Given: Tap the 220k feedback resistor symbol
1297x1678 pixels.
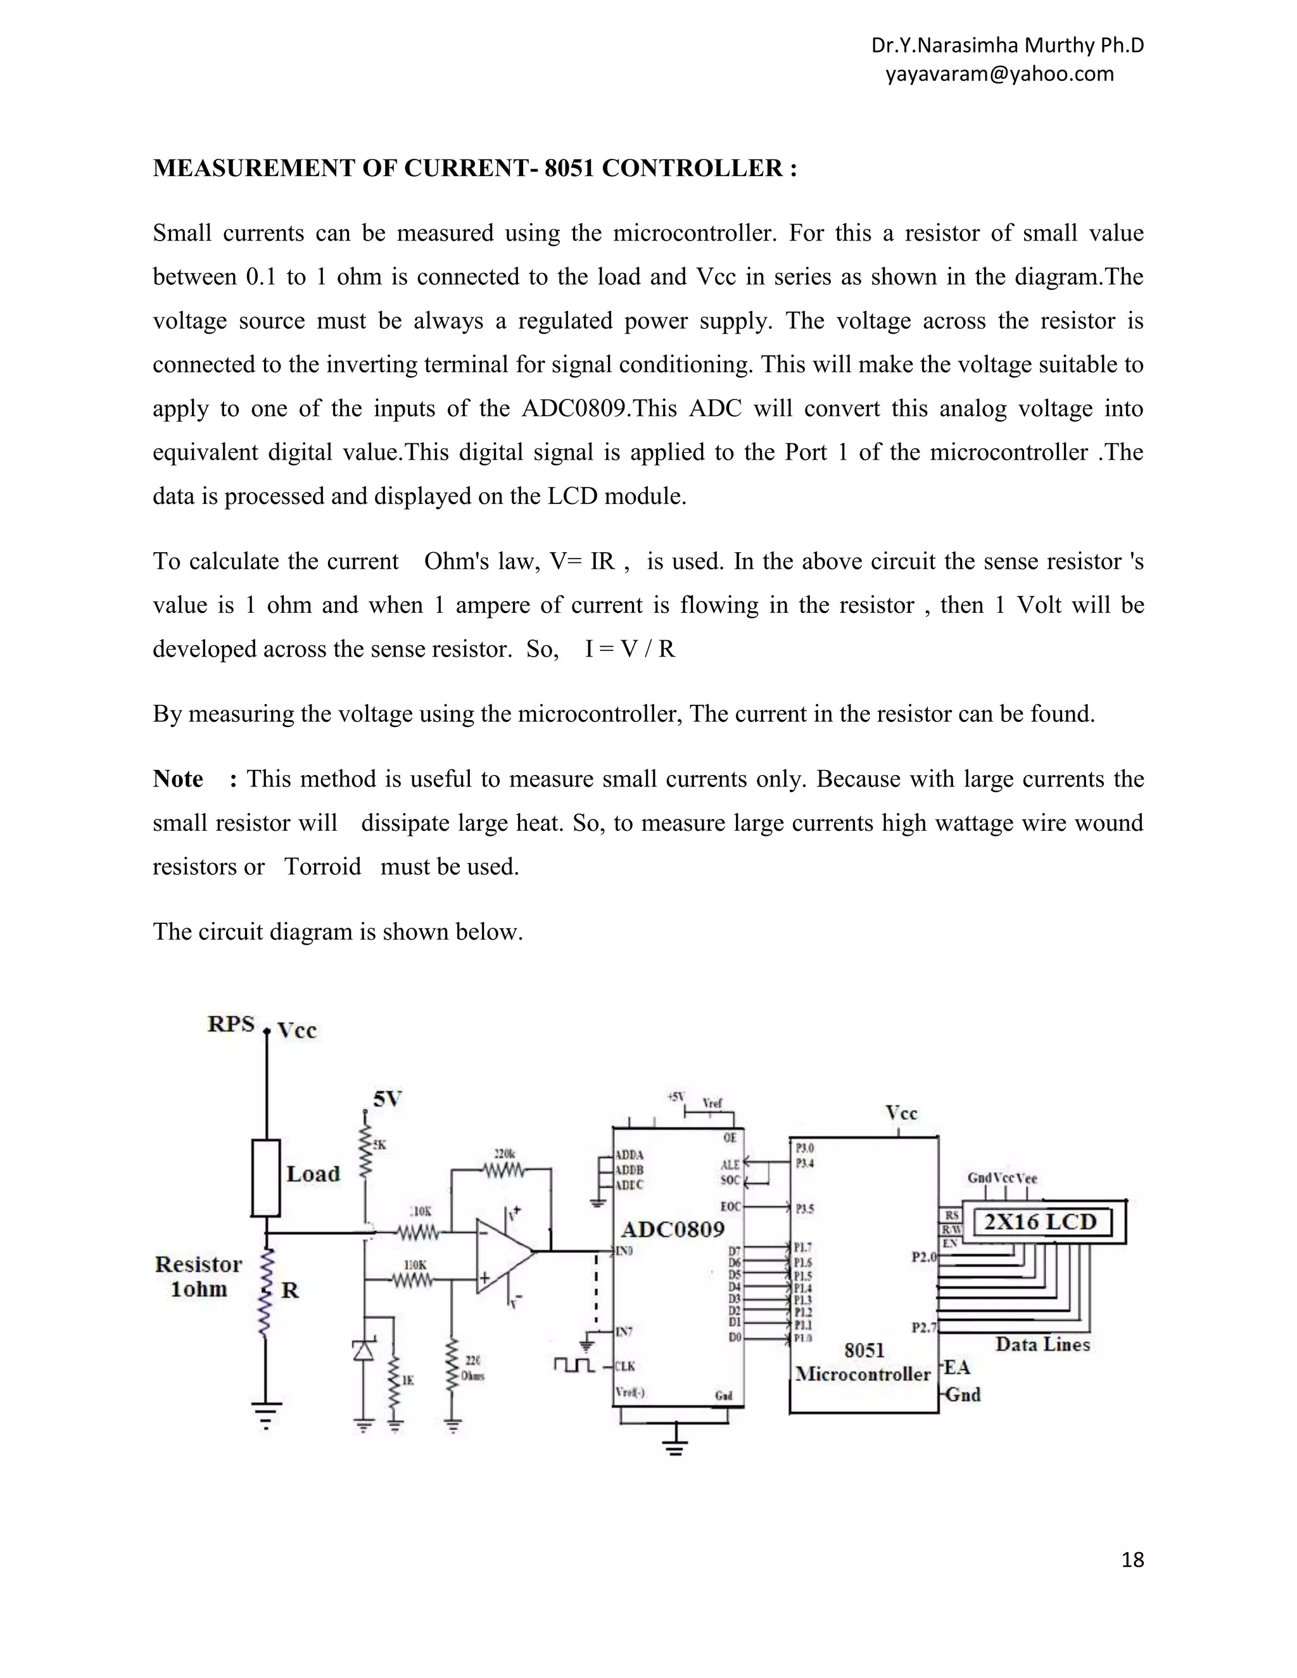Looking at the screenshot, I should (x=504, y=1171).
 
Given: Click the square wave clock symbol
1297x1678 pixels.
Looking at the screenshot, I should (x=573, y=1365).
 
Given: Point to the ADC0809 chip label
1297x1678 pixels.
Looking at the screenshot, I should (x=673, y=1229).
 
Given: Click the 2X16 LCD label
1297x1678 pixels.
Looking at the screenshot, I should (x=1041, y=1221).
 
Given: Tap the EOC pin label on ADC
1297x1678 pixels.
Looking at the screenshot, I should (x=730, y=1207).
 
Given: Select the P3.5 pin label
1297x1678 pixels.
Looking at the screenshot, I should (x=804, y=1209).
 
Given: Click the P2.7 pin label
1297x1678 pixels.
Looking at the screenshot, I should (x=923, y=1327).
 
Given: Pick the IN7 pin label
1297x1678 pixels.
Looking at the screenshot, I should (x=624, y=1332).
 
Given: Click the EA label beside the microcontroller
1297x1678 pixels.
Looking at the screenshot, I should (x=957, y=1367).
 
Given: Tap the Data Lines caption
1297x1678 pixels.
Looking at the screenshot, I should (x=1042, y=1344).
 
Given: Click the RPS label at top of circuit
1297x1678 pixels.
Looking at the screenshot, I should (x=231, y=1024).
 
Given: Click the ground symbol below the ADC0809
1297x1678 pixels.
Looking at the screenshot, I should (x=675, y=1447).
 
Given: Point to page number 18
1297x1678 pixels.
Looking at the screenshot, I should (x=1132, y=1560).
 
